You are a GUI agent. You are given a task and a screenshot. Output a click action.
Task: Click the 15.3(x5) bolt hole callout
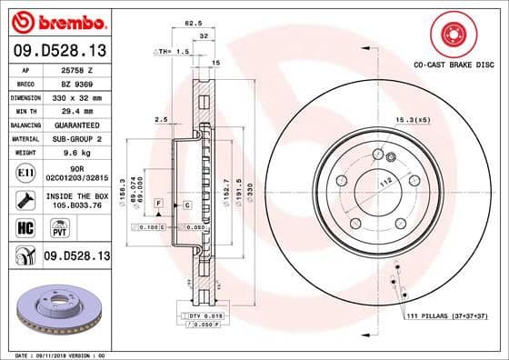[x=413, y=119]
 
